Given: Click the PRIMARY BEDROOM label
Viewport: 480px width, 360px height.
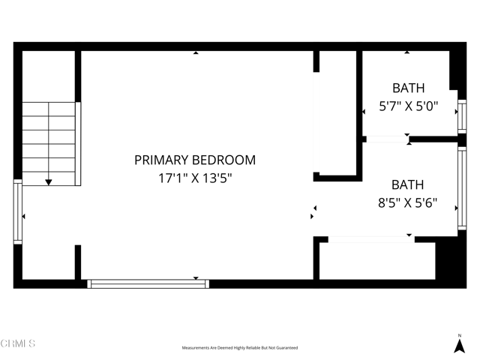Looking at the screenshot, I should tap(195, 160).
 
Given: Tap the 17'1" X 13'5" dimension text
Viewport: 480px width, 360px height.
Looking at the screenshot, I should tap(195, 178).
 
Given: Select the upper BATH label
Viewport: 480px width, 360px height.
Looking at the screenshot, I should tap(407, 88).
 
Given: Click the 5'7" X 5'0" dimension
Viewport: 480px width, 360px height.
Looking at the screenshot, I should tap(407, 106).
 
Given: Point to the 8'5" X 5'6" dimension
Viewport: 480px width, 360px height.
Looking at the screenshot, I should tap(407, 203).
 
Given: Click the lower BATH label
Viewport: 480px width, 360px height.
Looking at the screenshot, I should tap(407, 184).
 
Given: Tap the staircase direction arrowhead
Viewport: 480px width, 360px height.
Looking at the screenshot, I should tap(49, 181).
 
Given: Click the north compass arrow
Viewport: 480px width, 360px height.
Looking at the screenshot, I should tap(460, 346).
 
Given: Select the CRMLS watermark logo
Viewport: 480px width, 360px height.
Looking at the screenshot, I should tap(18, 343).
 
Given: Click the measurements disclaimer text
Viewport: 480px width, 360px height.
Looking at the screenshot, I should tap(240, 348).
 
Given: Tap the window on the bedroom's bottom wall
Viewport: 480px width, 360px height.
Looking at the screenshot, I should tap(148, 283).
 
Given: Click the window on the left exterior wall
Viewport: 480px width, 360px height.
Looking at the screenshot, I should tap(17, 212).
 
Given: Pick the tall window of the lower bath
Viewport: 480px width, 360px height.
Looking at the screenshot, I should tap(462, 187).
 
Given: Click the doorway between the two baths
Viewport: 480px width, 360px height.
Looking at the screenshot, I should tap(386, 139).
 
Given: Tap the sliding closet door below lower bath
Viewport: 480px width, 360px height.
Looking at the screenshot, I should tap(371, 239).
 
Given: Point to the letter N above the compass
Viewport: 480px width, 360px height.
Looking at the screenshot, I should tap(460, 335).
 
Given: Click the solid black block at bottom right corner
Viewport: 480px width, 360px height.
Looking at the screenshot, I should tap(451, 259).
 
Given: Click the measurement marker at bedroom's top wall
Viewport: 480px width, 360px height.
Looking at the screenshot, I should tap(196, 52).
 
